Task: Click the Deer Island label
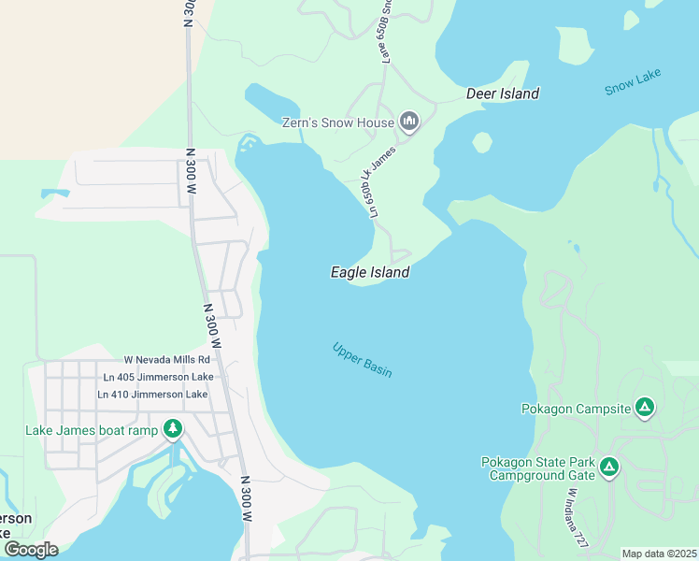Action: click(x=503, y=93)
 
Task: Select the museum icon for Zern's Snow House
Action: click(x=408, y=122)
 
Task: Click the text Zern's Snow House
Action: click(x=338, y=122)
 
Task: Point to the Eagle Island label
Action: click(x=370, y=272)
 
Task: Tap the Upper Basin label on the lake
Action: click(x=362, y=360)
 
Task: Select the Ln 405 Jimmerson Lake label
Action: click(x=158, y=377)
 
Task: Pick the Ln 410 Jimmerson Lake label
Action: click(x=152, y=395)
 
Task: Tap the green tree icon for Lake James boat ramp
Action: click(x=173, y=429)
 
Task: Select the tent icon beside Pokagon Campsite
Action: click(x=644, y=408)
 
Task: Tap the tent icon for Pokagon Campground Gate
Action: click(x=608, y=467)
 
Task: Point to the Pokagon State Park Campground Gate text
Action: click(x=537, y=468)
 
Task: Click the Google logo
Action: click(x=31, y=549)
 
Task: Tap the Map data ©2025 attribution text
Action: click(x=659, y=554)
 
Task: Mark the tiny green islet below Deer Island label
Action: click(x=482, y=142)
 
